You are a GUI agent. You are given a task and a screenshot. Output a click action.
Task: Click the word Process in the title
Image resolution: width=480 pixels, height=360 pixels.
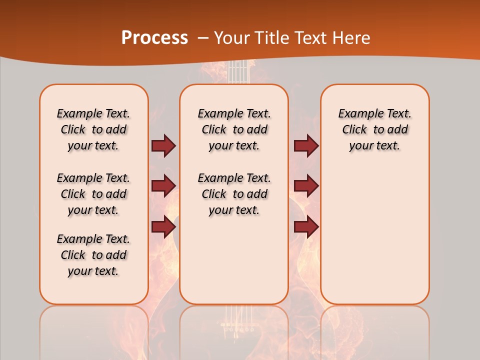(154, 38)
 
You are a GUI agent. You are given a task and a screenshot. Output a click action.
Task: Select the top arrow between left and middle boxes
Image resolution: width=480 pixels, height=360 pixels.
(163, 146)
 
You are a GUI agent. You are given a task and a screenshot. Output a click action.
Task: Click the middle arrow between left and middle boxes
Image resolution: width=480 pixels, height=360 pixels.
(163, 186)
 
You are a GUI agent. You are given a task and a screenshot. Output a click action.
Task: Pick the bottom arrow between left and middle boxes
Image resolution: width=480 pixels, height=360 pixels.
(163, 227)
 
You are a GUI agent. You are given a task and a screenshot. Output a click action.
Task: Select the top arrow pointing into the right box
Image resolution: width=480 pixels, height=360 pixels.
(306, 146)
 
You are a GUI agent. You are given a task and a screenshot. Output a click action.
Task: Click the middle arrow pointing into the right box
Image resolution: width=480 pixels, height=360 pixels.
(306, 186)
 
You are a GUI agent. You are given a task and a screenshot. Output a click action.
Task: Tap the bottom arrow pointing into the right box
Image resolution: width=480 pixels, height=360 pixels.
(306, 227)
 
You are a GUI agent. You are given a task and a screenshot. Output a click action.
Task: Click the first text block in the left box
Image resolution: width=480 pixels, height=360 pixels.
(93, 129)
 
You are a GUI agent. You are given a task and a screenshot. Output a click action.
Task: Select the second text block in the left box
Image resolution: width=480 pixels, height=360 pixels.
(93, 194)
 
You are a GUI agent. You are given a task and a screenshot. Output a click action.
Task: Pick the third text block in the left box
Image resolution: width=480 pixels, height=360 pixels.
(93, 255)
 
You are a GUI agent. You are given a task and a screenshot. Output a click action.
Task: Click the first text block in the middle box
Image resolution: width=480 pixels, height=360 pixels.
(234, 129)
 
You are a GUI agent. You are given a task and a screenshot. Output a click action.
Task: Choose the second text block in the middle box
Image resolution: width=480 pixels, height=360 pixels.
(234, 194)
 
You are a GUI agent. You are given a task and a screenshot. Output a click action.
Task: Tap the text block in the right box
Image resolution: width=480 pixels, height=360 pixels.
(374, 129)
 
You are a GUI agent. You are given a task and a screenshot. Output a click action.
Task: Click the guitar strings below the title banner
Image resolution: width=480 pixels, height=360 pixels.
(238, 72)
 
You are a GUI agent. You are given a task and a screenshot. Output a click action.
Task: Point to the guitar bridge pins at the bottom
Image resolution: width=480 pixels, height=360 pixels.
(238, 330)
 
